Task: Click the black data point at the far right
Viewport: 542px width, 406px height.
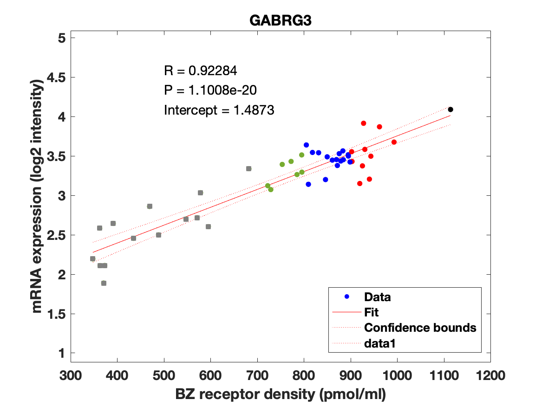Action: point(450,110)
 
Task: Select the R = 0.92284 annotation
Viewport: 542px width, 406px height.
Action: point(201,71)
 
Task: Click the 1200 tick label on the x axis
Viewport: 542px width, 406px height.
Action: point(490,375)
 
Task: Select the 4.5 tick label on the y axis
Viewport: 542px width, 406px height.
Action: point(54,77)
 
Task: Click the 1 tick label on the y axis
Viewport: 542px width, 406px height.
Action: point(60,354)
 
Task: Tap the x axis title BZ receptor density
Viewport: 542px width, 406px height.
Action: point(281,394)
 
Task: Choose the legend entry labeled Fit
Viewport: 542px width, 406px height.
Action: point(372,312)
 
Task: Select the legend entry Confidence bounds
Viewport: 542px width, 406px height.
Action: point(420,328)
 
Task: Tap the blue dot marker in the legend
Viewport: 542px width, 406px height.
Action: point(346,297)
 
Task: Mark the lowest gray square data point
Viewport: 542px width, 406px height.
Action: point(104,283)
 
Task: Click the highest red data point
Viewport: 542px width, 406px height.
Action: point(364,123)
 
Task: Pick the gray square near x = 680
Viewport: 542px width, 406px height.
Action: point(248,168)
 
